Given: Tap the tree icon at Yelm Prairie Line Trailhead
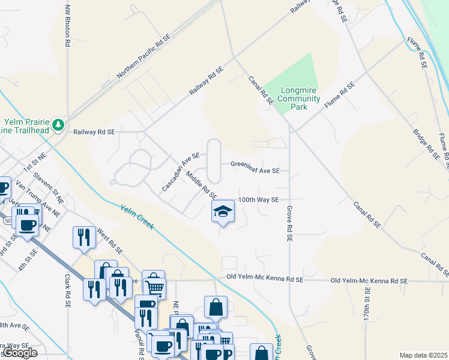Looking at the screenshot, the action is point(58,125).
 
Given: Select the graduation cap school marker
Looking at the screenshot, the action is point(223,211).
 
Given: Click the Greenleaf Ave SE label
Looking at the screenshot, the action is point(255,170).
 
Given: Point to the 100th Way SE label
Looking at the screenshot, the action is point(259,199).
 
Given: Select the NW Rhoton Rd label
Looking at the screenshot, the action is point(67,27).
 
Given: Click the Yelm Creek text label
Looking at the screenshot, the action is point(137,217).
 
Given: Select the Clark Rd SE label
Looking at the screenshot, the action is point(67,292).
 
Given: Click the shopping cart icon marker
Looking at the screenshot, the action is point(154,286).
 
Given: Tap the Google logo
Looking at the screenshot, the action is point(19,353).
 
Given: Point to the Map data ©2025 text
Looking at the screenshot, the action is point(424,355).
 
